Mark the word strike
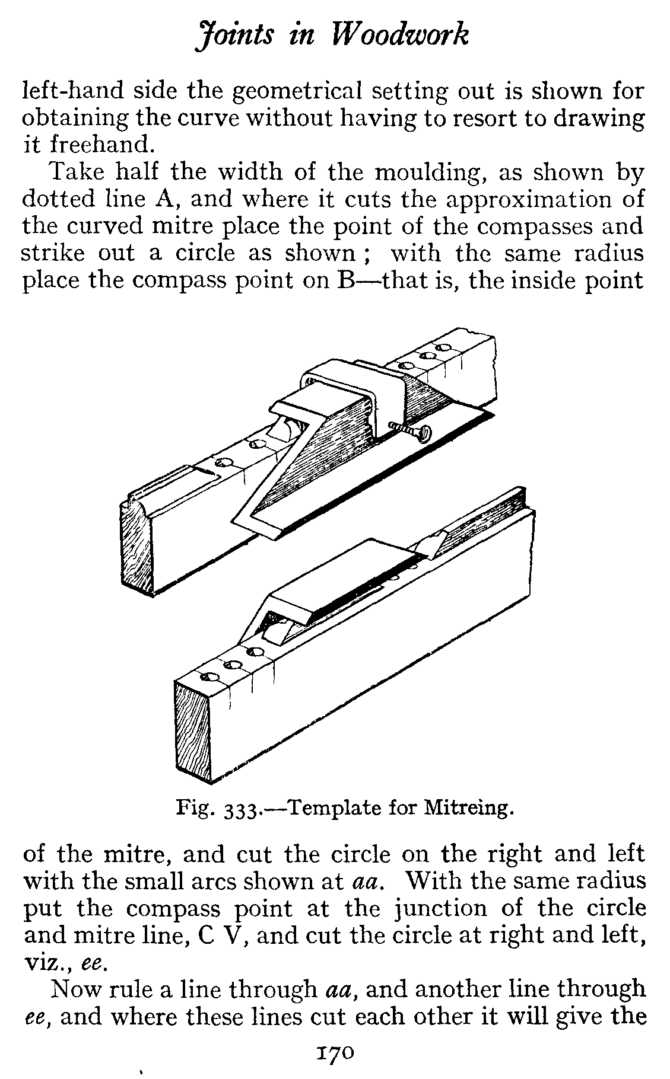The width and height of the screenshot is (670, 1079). click(52, 254)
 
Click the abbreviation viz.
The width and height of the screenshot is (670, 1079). click(43, 963)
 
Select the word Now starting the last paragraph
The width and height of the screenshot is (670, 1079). click(76, 989)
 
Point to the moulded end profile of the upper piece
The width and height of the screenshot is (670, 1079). click(137, 542)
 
